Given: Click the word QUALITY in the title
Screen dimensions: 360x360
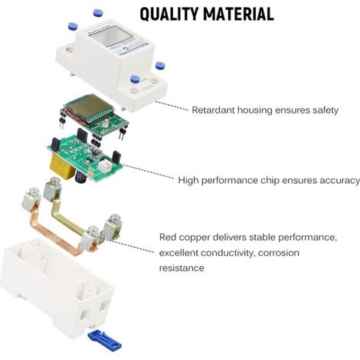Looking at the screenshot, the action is (169, 14).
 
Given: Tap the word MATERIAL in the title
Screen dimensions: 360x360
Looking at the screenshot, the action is (239, 14).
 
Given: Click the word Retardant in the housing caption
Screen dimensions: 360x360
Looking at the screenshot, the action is (213, 110).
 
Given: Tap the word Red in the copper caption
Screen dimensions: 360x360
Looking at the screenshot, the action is (168, 237).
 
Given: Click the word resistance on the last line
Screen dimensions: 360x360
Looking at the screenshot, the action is (182, 268).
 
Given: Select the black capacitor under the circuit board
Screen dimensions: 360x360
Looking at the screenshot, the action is (82, 177).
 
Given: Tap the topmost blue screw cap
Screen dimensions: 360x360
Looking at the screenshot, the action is (98, 12).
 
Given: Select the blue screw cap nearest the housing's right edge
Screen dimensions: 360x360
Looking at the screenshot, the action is (160, 66).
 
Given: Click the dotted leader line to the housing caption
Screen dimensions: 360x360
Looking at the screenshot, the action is (172, 106).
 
